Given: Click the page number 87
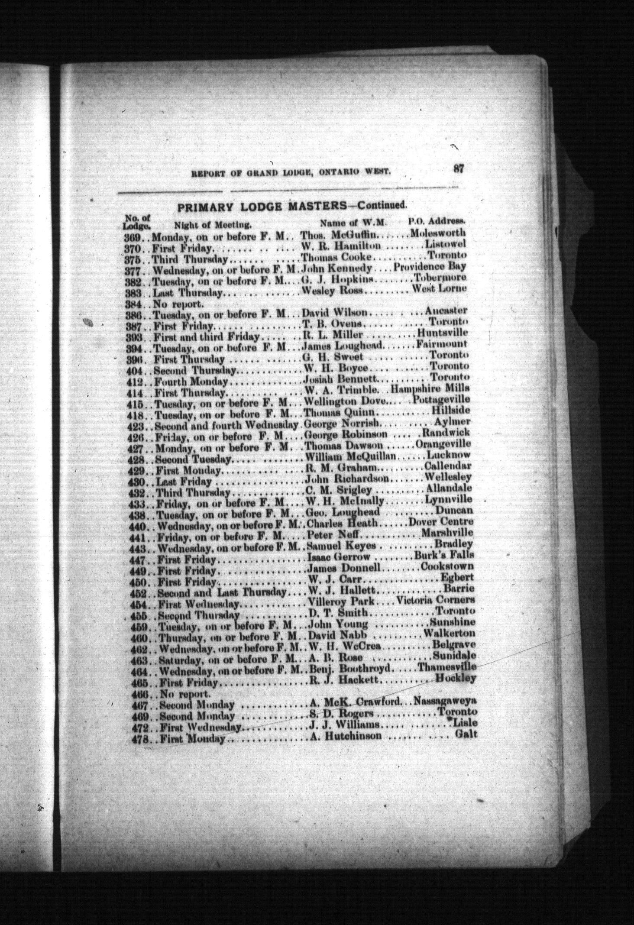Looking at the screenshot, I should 459,169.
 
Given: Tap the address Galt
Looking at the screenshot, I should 466,734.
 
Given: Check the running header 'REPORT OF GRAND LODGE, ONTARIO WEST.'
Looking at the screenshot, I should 291,174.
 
